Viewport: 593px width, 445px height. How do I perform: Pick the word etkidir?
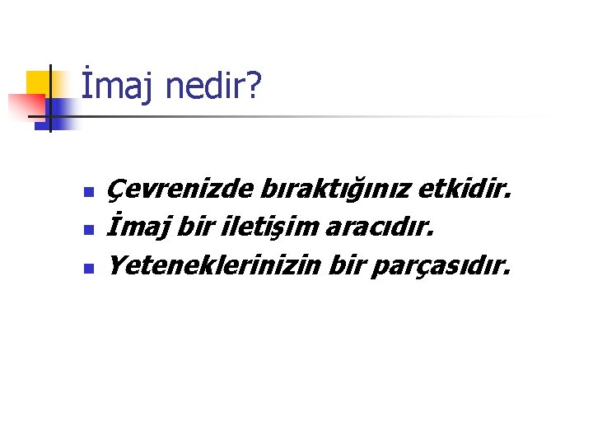pos(465,192)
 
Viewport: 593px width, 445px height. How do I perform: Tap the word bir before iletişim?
pos(190,229)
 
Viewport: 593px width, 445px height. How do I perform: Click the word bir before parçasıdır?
pos(346,266)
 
